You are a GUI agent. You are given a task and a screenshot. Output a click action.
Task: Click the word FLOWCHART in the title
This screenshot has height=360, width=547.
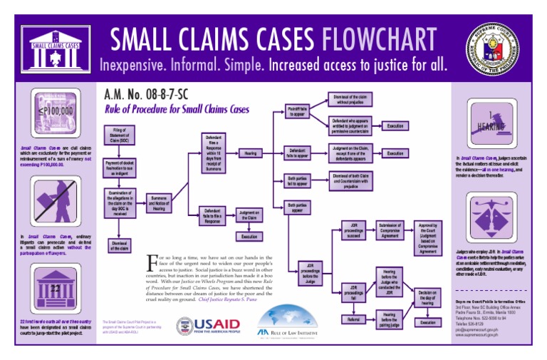[x=378, y=39]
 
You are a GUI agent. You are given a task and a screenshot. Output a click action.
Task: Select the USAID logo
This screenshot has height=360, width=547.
[x=209, y=326]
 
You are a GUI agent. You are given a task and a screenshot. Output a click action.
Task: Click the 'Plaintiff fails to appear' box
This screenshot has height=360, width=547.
[x=296, y=111]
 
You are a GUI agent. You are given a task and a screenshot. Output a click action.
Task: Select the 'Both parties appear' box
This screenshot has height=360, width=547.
[x=296, y=207]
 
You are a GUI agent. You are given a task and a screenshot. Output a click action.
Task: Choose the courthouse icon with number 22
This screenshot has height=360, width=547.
[x=55, y=288]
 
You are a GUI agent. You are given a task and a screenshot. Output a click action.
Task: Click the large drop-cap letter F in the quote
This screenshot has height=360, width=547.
[x=151, y=262]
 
